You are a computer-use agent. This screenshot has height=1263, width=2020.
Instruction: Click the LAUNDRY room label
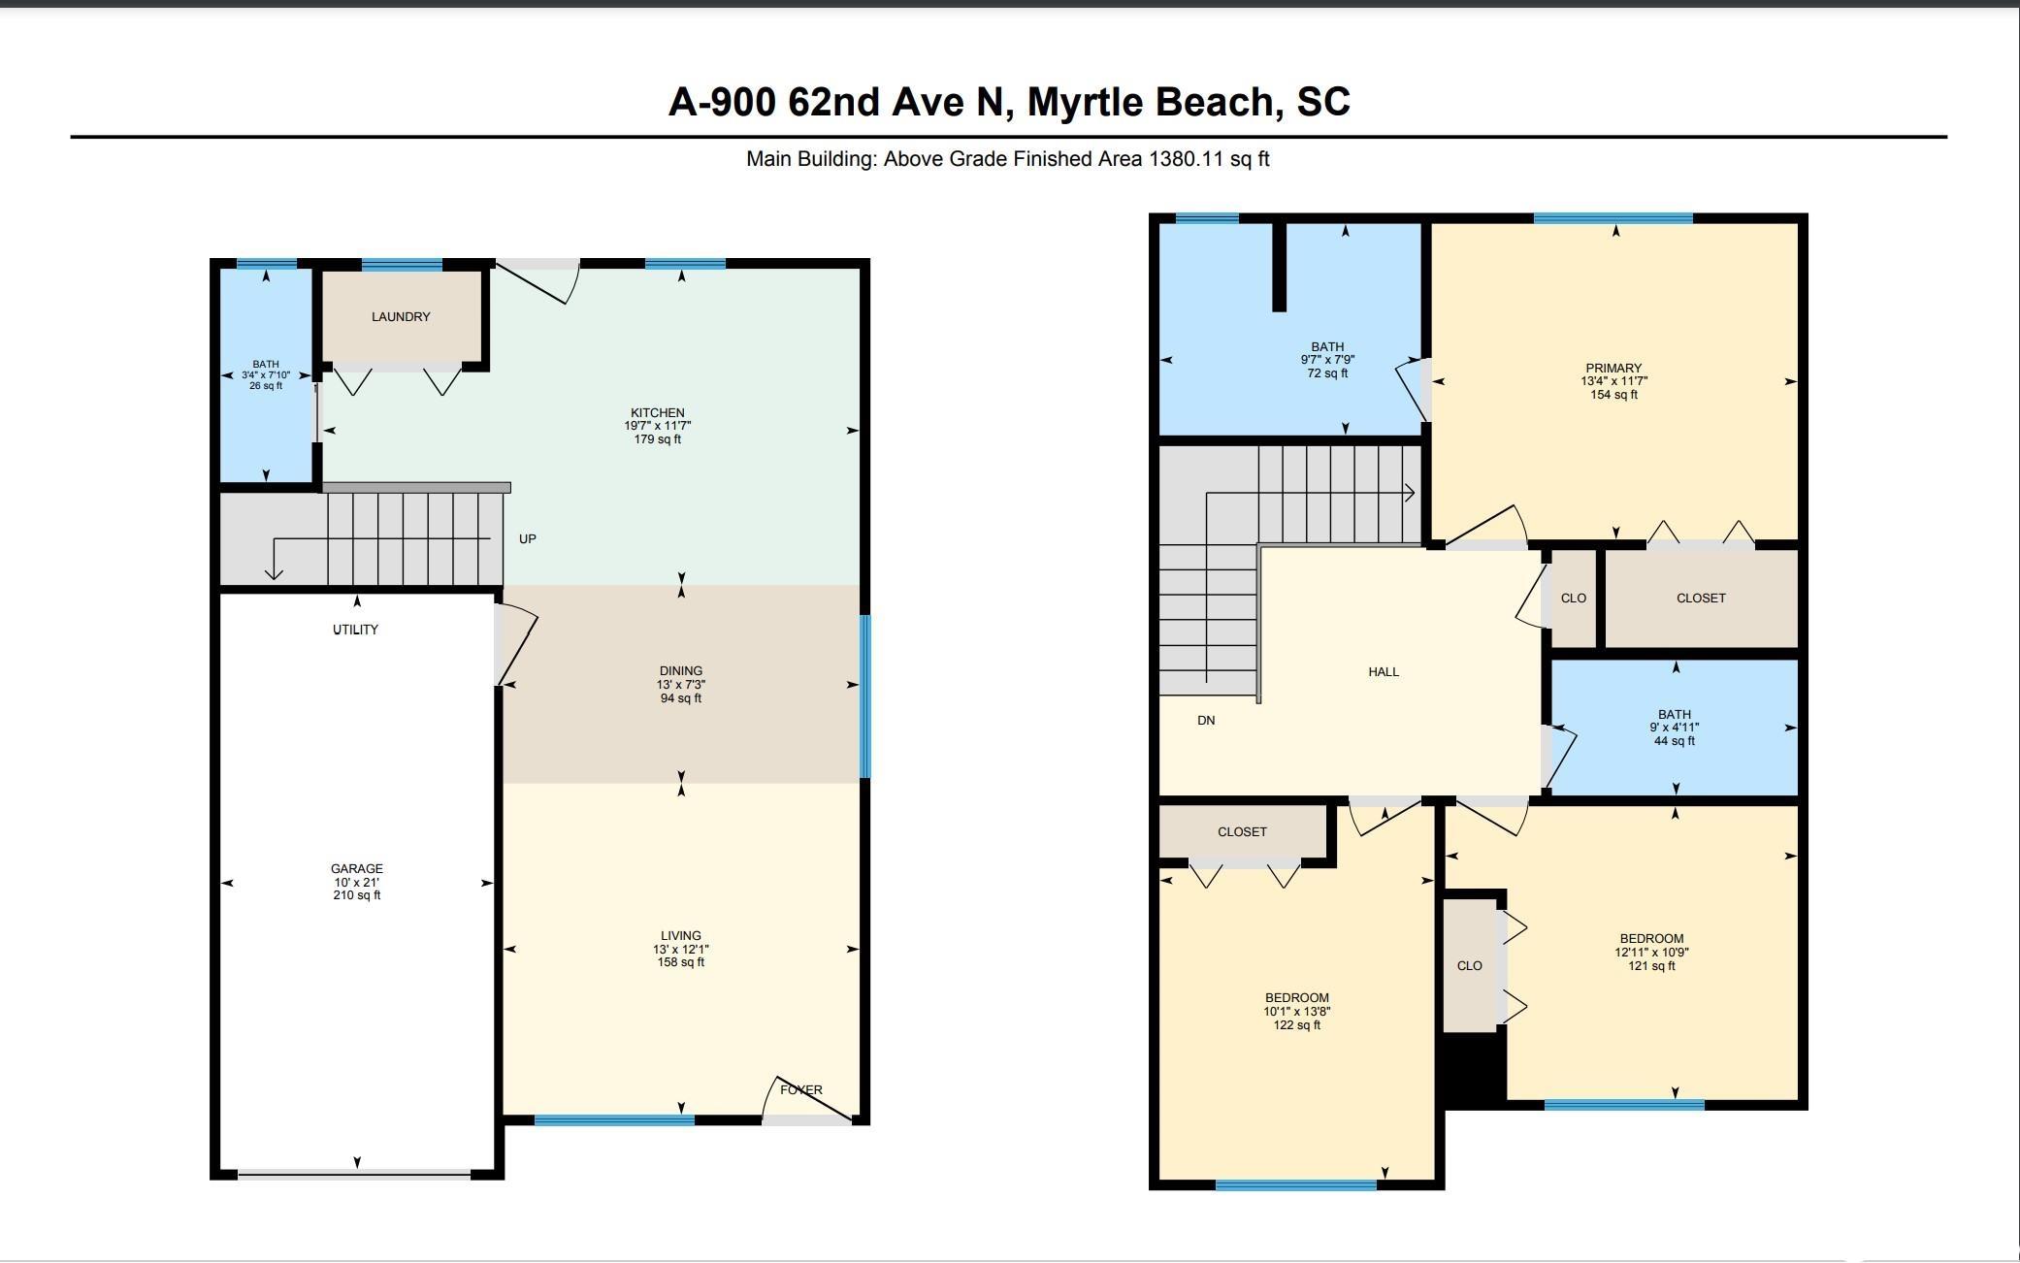(x=401, y=317)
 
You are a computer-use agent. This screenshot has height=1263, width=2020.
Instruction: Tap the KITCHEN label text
(x=658, y=413)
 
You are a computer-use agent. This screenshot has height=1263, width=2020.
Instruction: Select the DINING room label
(x=680, y=671)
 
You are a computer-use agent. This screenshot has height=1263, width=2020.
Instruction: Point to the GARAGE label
(x=357, y=869)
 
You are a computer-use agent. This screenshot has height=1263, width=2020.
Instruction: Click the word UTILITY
(x=355, y=630)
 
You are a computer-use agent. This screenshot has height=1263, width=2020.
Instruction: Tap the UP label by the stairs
(x=528, y=539)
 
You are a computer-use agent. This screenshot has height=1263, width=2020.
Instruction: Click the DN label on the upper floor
(x=1206, y=721)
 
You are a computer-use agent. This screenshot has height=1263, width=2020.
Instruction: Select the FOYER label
(x=801, y=1090)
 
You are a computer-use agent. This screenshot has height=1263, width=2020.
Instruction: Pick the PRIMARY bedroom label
(x=1613, y=369)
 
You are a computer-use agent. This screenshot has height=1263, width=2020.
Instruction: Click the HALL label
(x=1384, y=671)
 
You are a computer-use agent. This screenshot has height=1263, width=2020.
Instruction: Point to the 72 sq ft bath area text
(x=1327, y=373)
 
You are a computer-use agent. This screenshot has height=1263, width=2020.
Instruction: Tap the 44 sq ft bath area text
(x=1675, y=741)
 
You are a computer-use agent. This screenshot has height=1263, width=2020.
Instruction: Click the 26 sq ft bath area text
(x=266, y=386)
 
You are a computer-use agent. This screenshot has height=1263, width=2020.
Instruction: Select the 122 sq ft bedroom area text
(x=1297, y=1025)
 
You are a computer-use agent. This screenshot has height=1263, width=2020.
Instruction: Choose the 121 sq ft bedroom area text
(x=1651, y=966)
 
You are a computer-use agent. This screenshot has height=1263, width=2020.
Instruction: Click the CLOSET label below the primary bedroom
(x=1701, y=599)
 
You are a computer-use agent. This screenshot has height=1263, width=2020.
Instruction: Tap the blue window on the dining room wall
(x=865, y=696)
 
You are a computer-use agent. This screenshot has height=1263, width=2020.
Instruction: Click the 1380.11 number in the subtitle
(x=1187, y=159)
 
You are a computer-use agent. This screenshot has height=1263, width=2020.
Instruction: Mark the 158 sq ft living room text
(x=681, y=963)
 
